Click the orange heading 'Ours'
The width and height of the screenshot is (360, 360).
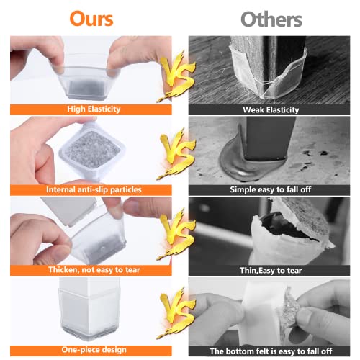(x=91, y=19)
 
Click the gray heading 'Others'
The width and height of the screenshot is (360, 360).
(x=271, y=19)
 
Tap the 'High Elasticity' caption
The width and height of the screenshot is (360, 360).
(x=94, y=109)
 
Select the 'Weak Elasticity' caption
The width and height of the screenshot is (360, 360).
(x=271, y=110)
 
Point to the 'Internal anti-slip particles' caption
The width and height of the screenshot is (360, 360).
(x=94, y=189)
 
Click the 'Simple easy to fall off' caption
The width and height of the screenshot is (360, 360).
(x=271, y=189)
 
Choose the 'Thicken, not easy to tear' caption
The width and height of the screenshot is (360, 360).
(x=94, y=270)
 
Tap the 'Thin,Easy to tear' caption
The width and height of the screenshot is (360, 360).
(x=271, y=271)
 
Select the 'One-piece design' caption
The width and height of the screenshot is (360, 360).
(x=94, y=350)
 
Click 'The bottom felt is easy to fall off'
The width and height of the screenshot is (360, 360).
(x=271, y=351)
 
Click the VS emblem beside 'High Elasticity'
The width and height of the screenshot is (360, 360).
(x=176, y=76)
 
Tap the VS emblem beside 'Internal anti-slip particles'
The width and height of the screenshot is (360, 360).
(x=176, y=153)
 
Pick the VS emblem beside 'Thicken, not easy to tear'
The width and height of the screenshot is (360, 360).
(x=176, y=234)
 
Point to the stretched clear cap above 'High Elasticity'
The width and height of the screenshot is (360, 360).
(x=86, y=81)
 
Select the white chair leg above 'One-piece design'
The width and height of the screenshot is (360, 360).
(x=89, y=308)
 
